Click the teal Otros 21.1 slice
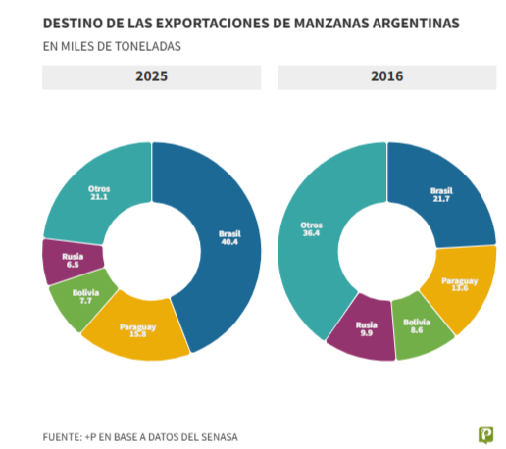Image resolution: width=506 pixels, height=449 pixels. pyautogui.click(x=99, y=190)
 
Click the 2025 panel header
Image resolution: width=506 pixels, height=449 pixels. pyautogui.click(x=151, y=77)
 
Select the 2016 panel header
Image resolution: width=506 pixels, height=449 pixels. pyautogui.click(x=386, y=77)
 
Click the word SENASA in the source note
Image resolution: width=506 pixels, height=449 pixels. pyautogui.click(x=217, y=436)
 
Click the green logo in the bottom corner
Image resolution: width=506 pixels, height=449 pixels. pyautogui.click(x=484, y=433)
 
